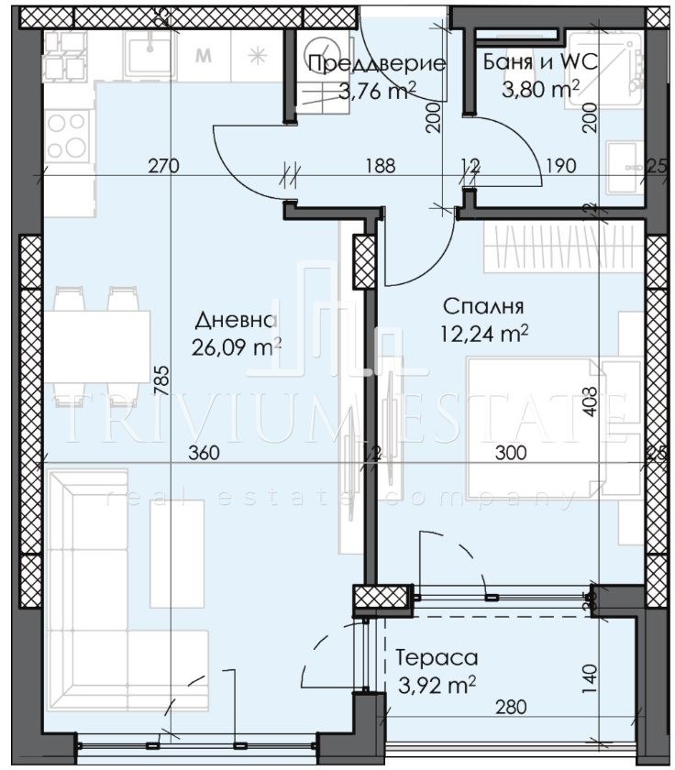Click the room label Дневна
click(235, 320)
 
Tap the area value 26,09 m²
click(236, 347)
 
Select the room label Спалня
click(482, 306)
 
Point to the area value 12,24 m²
click(483, 334)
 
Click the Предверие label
click(376, 63)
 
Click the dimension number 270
click(161, 166)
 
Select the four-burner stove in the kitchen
click(65, 135)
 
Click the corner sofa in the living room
click(110, 596)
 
